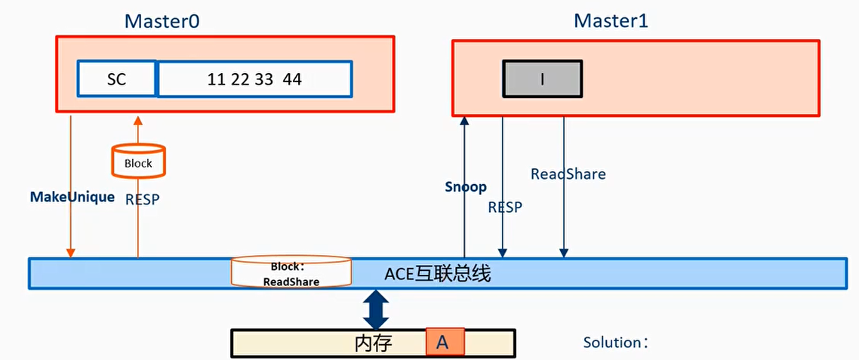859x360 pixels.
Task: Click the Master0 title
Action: coord(162,20)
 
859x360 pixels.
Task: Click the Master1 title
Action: coord(611,20)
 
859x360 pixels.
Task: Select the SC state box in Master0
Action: coord(117,79)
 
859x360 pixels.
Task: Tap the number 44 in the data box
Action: coord(292,79)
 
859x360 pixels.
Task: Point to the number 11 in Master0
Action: coord(217,79)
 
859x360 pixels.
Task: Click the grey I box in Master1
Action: coord(542,79)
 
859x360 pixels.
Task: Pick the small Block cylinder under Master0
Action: coord(138,161)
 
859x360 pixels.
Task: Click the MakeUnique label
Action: coord(72,197)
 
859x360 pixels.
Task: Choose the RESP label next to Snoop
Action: coord(504,207)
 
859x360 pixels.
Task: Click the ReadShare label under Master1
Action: coord(568,174)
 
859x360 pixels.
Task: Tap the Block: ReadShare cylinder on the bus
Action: coord(291,273)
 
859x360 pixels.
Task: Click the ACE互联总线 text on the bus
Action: coord(438,273)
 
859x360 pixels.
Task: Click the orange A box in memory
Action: coord(444,343)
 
